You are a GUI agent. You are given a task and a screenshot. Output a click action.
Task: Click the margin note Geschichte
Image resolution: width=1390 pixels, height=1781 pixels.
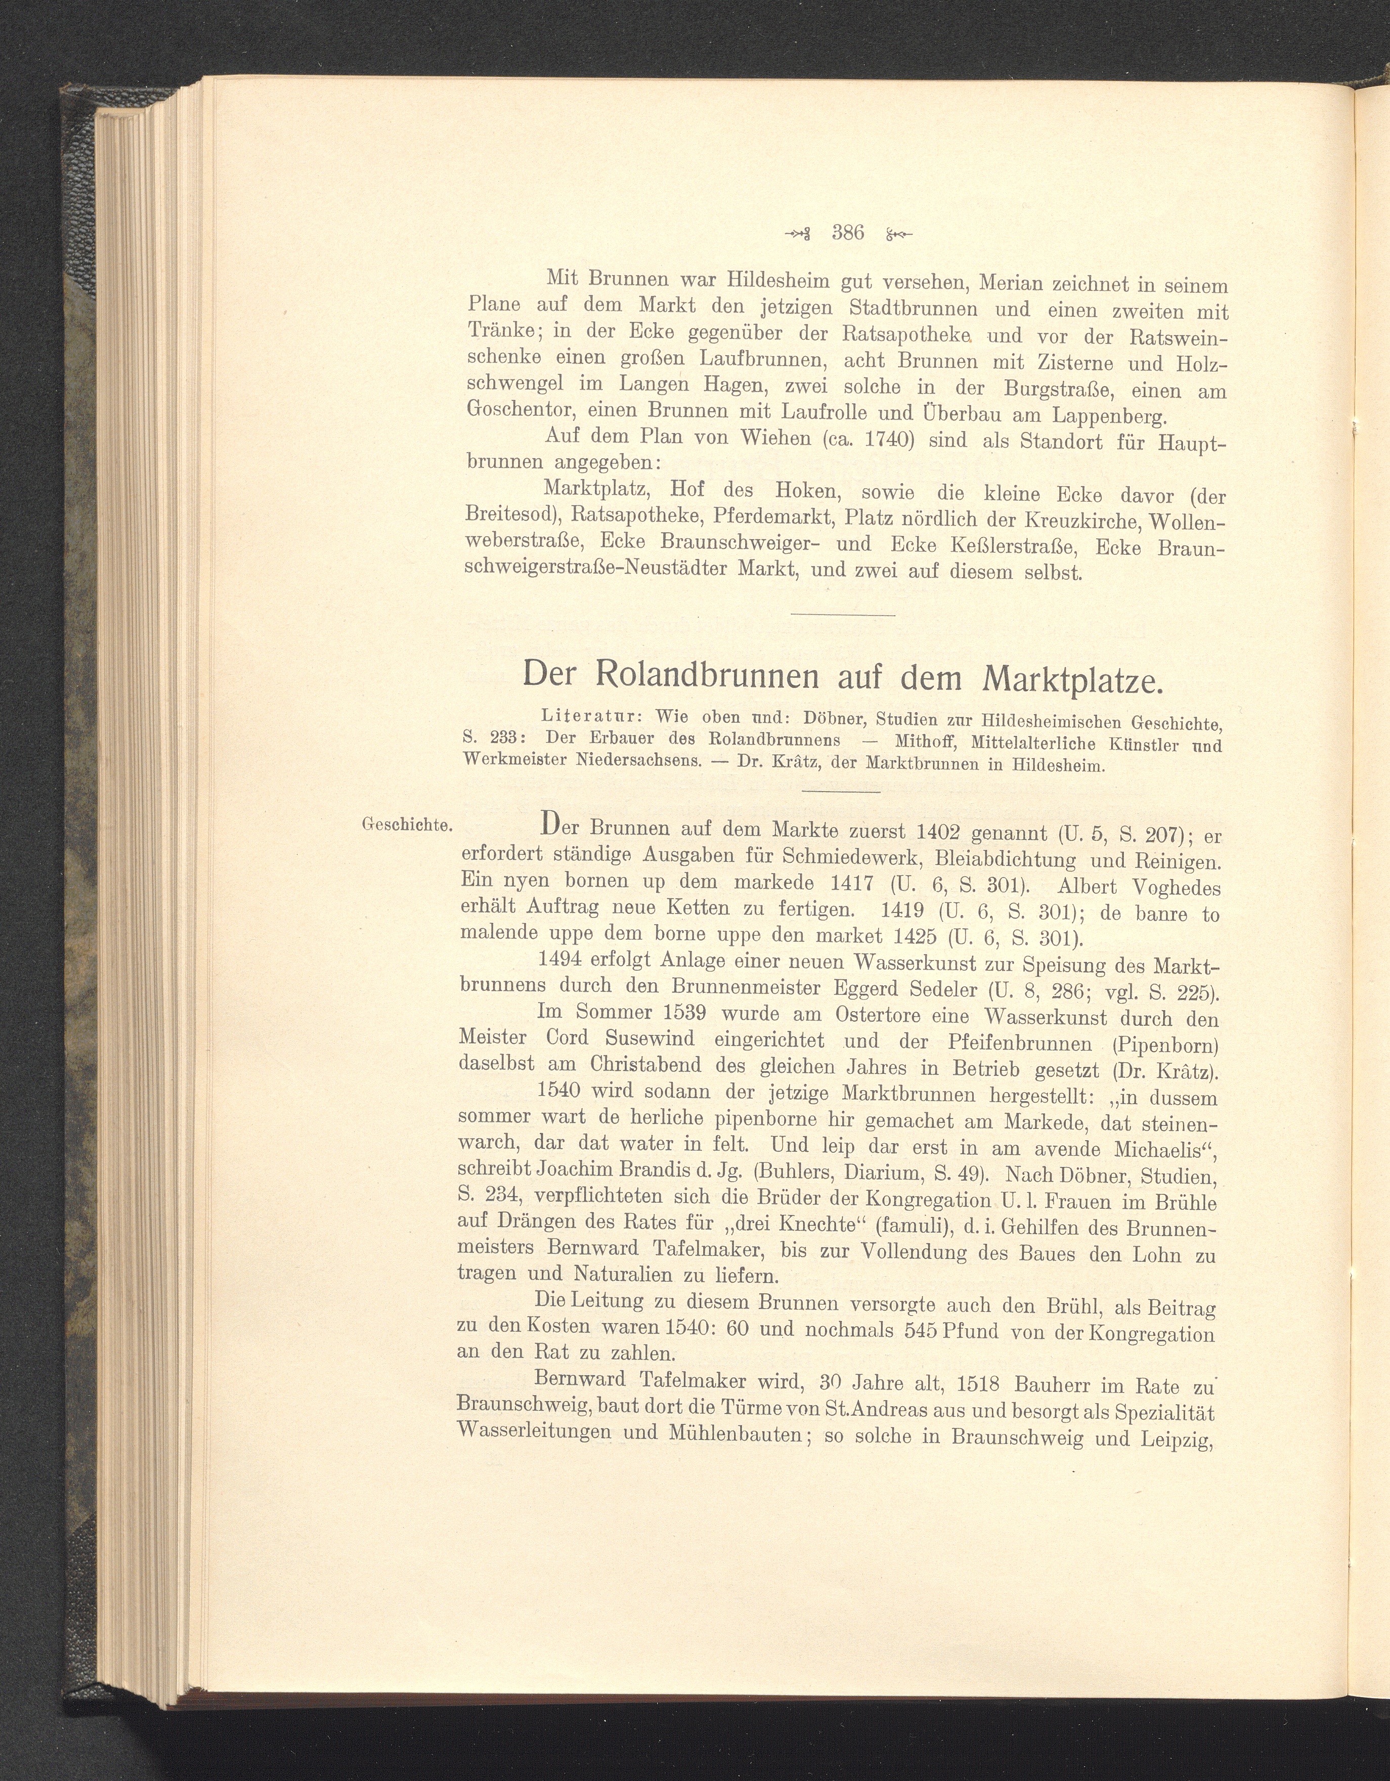tap(407, 824)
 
